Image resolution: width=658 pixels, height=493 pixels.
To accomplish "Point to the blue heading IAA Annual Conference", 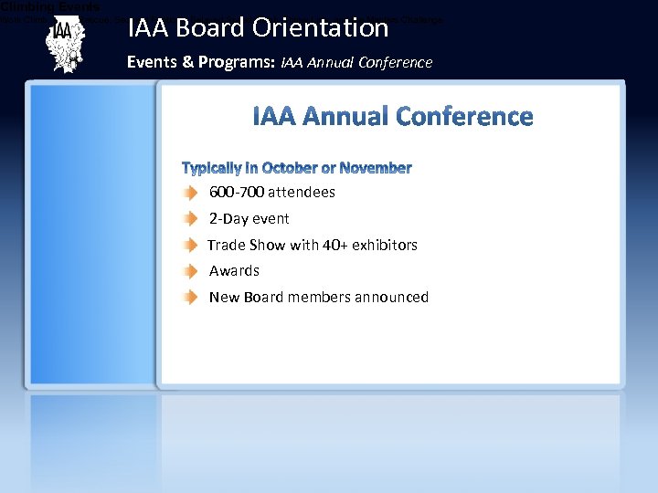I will [x=392, y=117].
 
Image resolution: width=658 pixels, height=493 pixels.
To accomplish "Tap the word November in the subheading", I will [x=375, y=168].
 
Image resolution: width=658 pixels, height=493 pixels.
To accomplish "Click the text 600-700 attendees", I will [x=271, y=193].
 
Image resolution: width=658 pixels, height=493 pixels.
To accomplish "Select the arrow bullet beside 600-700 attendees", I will [x=188, y=193].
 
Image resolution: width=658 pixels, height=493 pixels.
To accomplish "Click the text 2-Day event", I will [x=249, y=219].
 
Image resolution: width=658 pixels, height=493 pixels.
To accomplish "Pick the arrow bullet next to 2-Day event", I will [x=188, y=219].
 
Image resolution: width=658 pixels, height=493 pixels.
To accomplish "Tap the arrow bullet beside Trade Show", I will [x=188, y=246].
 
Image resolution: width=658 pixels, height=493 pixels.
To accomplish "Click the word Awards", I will [x=234, y=271].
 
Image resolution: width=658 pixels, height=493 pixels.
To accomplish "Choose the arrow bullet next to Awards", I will [x=188, y=271].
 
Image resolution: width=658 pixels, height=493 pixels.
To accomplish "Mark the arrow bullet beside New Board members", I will [x=188, y=298].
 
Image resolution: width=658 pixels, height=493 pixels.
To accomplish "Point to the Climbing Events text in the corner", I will [x=50, y=6].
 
